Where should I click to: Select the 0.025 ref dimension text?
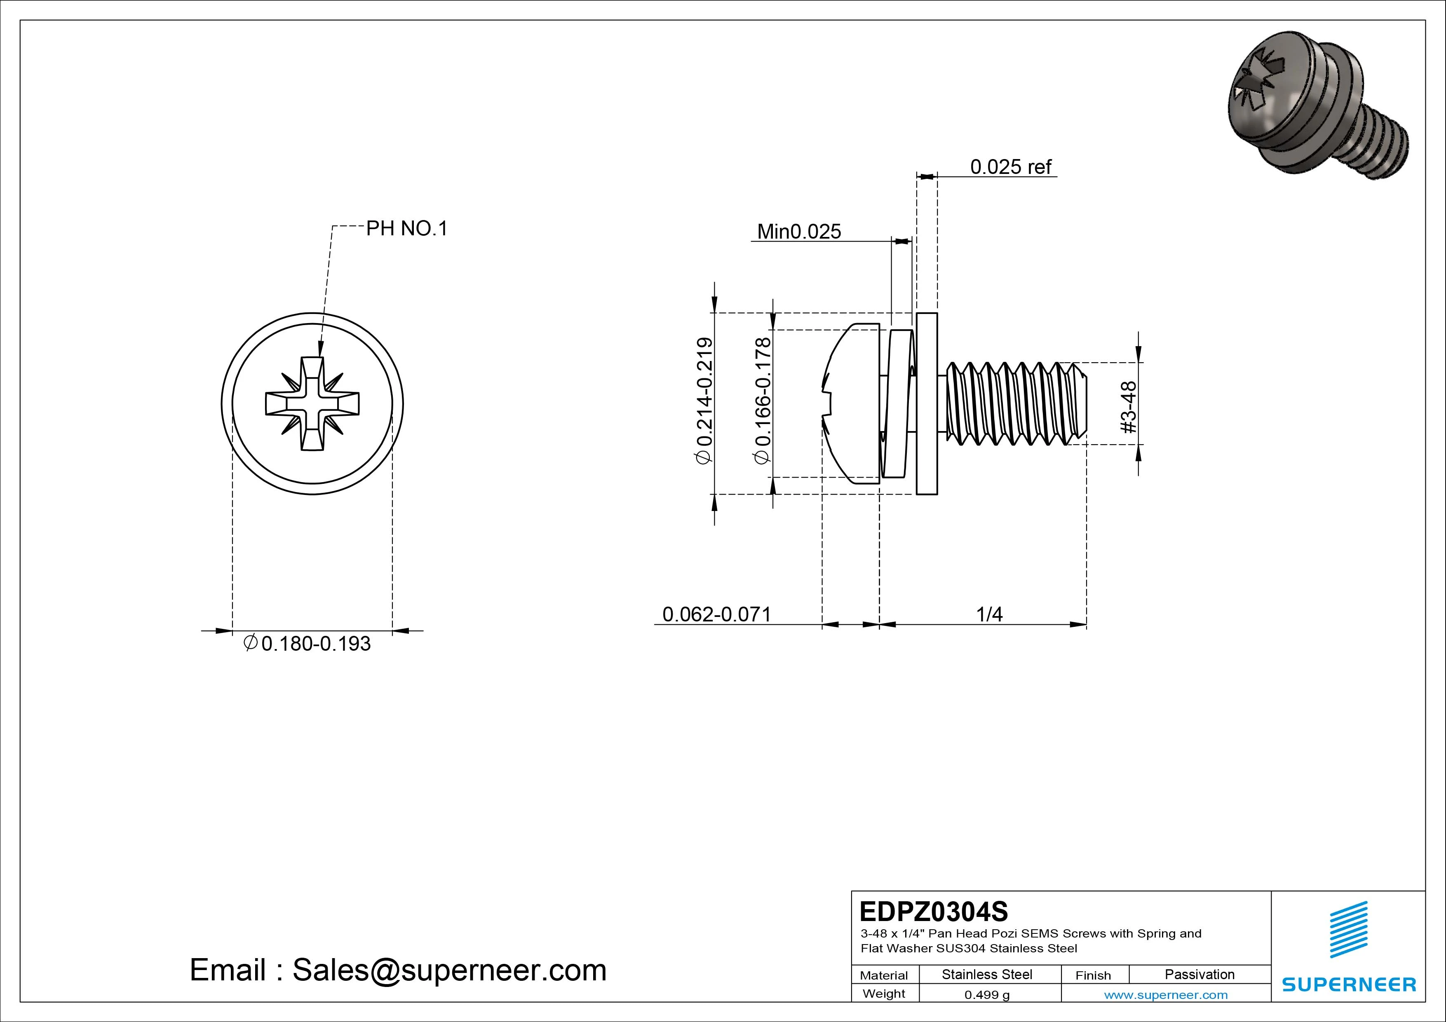(x=1010, y=167)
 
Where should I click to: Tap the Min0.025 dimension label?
(x=798, y=232)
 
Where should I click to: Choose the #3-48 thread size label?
(x=1129, y=408)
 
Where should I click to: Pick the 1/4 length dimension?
(x=989, y=614)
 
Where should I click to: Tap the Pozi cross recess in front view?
(x=312, y=403)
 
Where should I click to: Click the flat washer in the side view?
(x=927, y=403)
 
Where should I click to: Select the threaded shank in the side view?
(x=1014, y=403)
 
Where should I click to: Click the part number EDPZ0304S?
(x=933, y=911)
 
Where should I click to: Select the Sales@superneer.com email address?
(x=448, y=970)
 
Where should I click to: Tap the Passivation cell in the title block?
(x=1199, y=974)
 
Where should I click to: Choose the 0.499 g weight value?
(x=987, y=995)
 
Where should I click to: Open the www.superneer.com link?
(x=1166, y=995)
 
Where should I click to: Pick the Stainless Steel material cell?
(x=987, y=974)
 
